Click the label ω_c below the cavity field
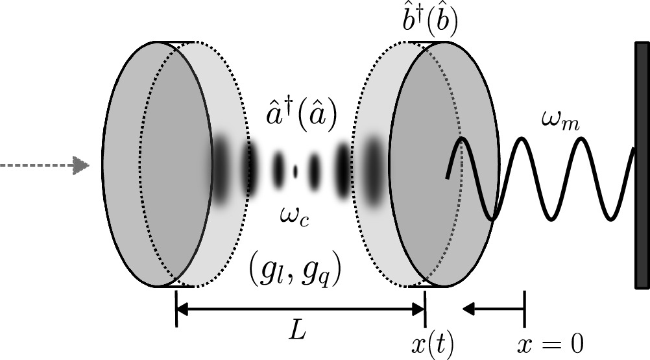[x=295, y=214]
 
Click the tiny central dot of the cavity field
[x=296, y=171]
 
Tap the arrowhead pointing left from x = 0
[x=467, y=309]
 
